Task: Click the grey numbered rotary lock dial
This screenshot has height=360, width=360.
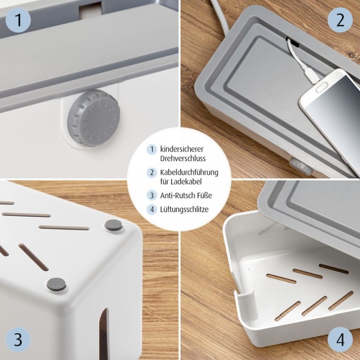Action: [93, 118]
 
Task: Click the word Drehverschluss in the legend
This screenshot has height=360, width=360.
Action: [183, 158]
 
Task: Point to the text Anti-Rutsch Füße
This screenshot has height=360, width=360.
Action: [186, 195]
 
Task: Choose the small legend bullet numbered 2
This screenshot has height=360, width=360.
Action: [152, 173]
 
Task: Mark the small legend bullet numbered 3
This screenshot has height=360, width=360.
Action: [152, 195]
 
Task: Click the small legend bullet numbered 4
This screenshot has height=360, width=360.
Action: [152, 209]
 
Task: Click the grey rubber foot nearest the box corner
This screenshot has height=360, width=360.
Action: [113, 225]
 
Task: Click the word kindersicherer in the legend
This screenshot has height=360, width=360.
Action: [182, 149]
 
